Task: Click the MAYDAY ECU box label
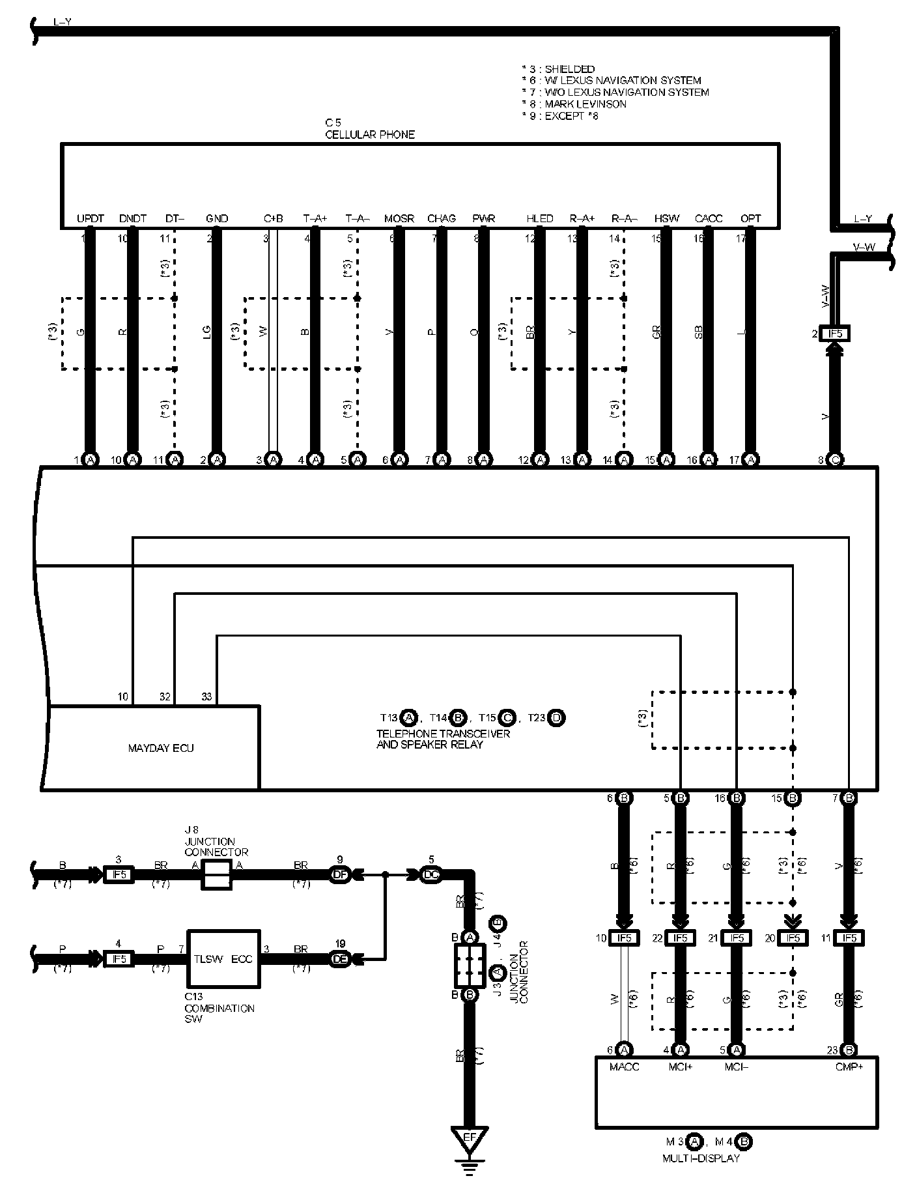[x=160, y=748]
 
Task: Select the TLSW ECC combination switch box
[x=224, y=958]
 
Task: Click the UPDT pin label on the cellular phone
[x=90, y=219]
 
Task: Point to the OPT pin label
[x=750, y=219]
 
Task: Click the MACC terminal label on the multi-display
[x=624, y=1067]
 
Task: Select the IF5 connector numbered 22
[x=679, y=938]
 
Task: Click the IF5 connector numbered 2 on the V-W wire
[x=834, y=334]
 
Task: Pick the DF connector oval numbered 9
[x=339, y=874]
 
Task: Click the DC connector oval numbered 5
[x=430, y=874]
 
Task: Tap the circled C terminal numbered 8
[x=835, y=460]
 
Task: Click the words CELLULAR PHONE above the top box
[x=369, y=135]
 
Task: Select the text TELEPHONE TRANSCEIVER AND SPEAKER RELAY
[x=443, y=739]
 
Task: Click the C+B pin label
[x=273, y=219]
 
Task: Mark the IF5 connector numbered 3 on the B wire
[x=119, y=874]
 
